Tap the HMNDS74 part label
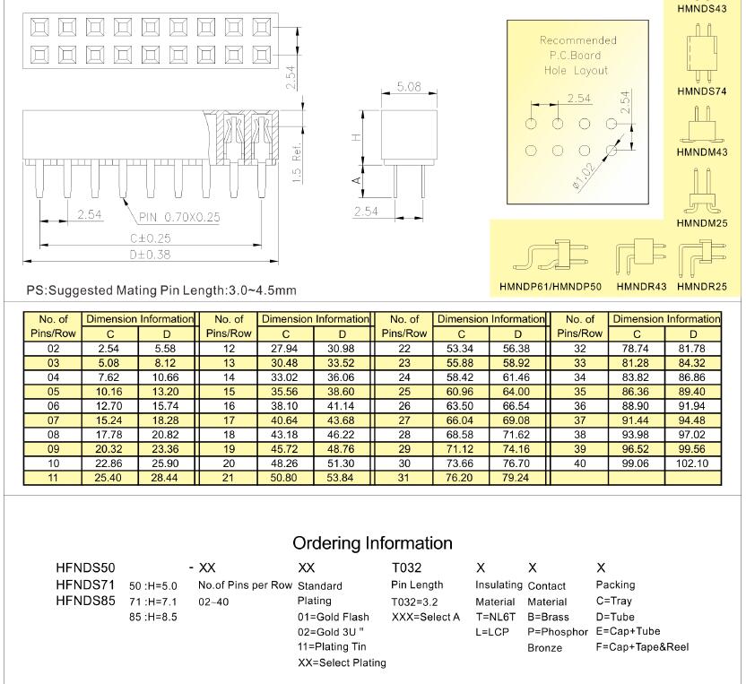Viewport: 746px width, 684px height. [701, 91]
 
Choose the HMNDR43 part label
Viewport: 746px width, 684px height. [640, 287]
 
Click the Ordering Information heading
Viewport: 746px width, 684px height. [372, 542]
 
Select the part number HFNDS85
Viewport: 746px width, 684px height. [85, 601]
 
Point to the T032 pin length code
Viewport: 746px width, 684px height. [408, 567]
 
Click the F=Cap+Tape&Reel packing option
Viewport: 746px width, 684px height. [642, 646]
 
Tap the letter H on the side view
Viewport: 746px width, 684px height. [357, 136]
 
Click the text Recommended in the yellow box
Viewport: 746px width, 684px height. [577, 40]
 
